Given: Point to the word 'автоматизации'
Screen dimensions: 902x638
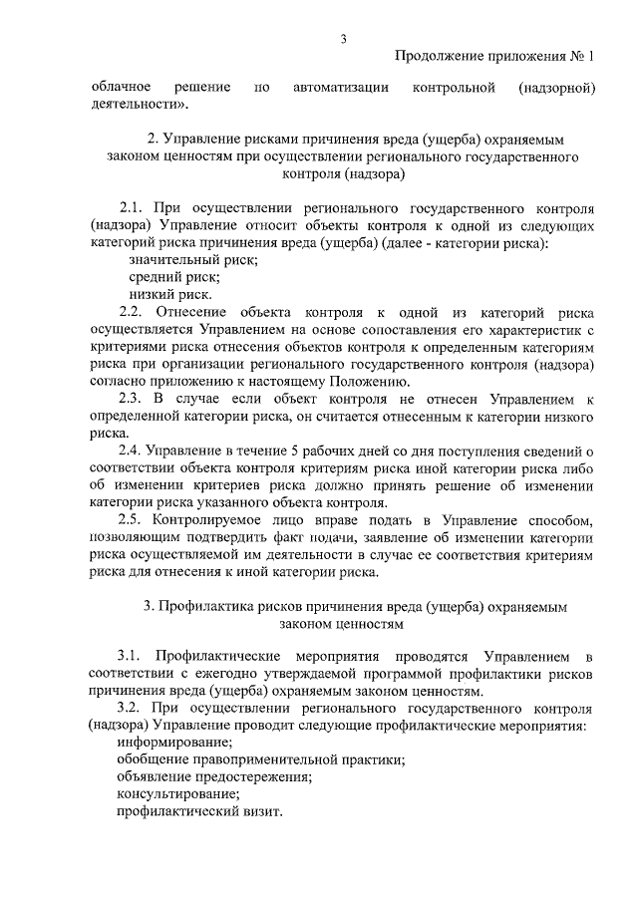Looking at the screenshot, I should click(341, 89).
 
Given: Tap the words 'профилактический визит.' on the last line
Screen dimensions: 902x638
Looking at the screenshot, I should click(199, 811).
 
